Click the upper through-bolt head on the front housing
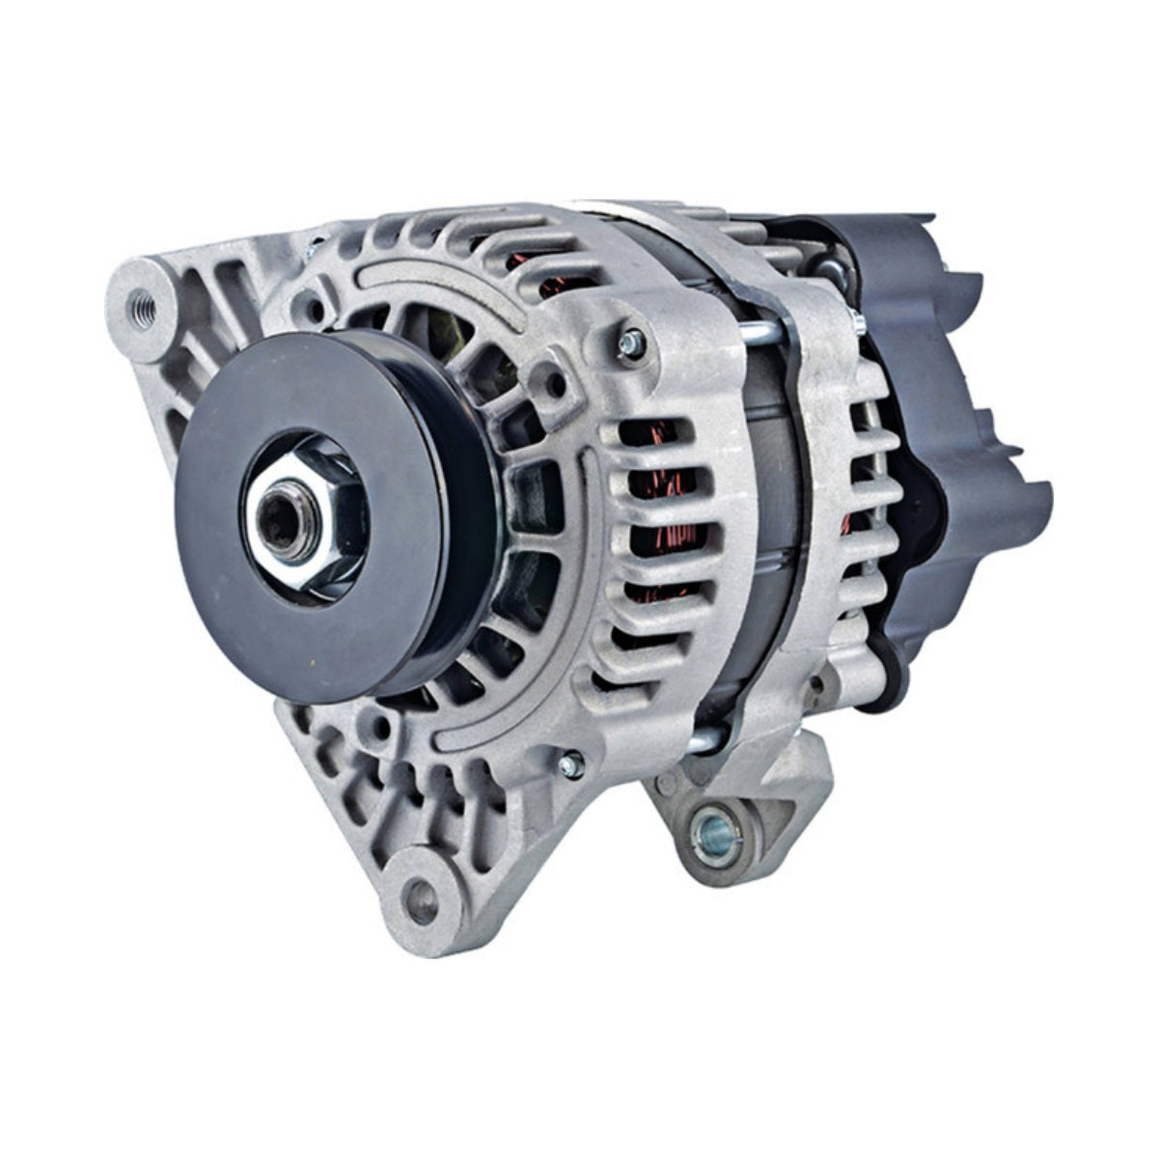click(x=629, y=339)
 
